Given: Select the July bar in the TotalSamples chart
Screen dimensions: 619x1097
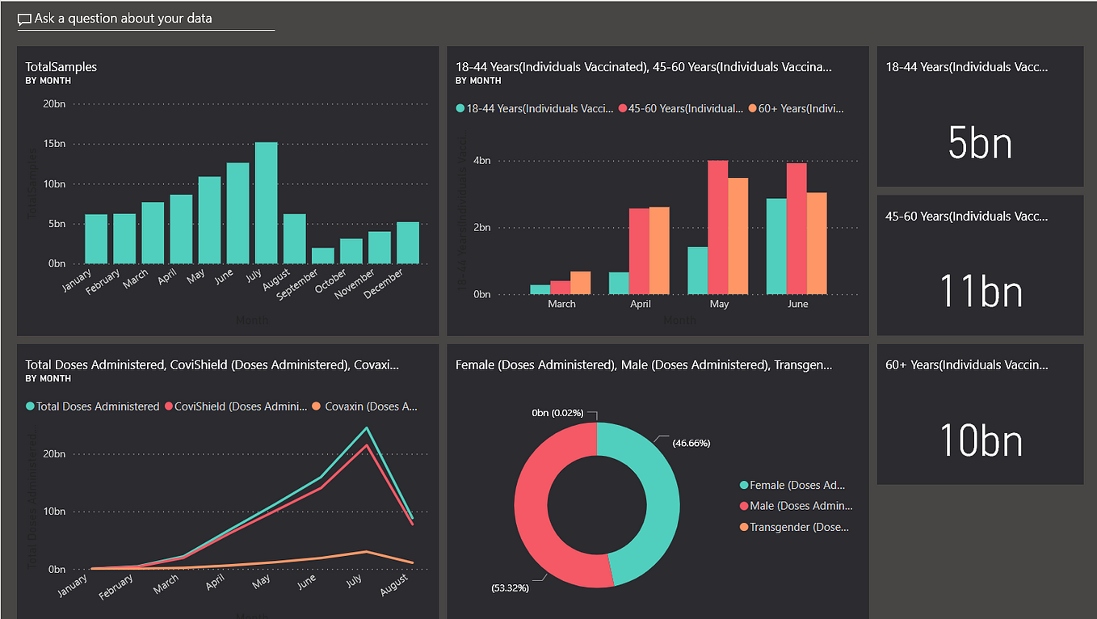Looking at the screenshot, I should [x=266, y=203].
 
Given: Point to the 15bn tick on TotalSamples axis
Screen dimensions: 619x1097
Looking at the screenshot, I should [x=54, y=144].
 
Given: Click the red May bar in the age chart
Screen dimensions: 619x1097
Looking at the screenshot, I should [x=718, y=227].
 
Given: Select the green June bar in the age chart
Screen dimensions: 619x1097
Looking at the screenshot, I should [x=775, y=246].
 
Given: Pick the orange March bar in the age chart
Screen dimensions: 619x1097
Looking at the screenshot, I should [x=580, y=283].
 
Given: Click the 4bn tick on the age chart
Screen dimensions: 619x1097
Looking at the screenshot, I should [x=481, y=161].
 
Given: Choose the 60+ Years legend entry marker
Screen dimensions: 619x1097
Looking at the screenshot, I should [x=753, y=108].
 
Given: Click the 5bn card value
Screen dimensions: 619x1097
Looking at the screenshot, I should [x=979, y=143].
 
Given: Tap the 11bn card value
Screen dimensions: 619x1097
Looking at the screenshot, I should [x=981, y=292].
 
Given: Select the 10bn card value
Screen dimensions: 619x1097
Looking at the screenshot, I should [x=981, y=440].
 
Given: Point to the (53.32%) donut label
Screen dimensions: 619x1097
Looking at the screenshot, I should [x=509, y=587].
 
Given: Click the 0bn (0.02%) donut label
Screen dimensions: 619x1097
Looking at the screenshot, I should [x=557, y=413].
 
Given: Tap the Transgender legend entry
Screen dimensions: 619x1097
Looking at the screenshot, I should [x=796, y=527].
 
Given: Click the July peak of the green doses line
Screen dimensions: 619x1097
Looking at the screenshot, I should [x=366, y=428].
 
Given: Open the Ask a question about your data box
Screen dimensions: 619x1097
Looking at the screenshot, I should [x=145, y=19].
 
